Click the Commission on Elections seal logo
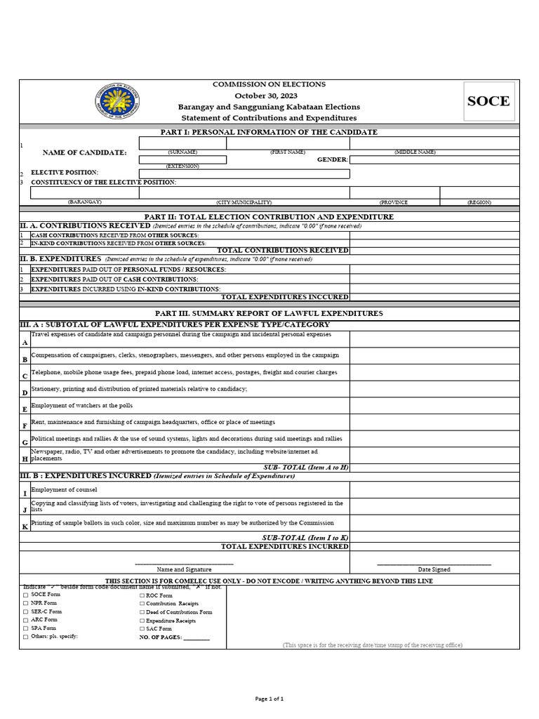(117, 102)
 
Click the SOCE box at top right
(488, 101)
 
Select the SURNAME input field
(182, 143)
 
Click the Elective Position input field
(244, 173)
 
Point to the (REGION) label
(479, 202)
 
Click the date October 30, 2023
(266, 95)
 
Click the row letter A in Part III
(25, 343)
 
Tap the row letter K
(25, 526)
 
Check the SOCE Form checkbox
(26, 595)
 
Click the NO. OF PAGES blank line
(197, 638)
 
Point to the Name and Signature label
(184, 569)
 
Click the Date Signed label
(434, 569)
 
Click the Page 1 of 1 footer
(269, 699)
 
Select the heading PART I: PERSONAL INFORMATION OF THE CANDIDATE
(269, 132)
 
